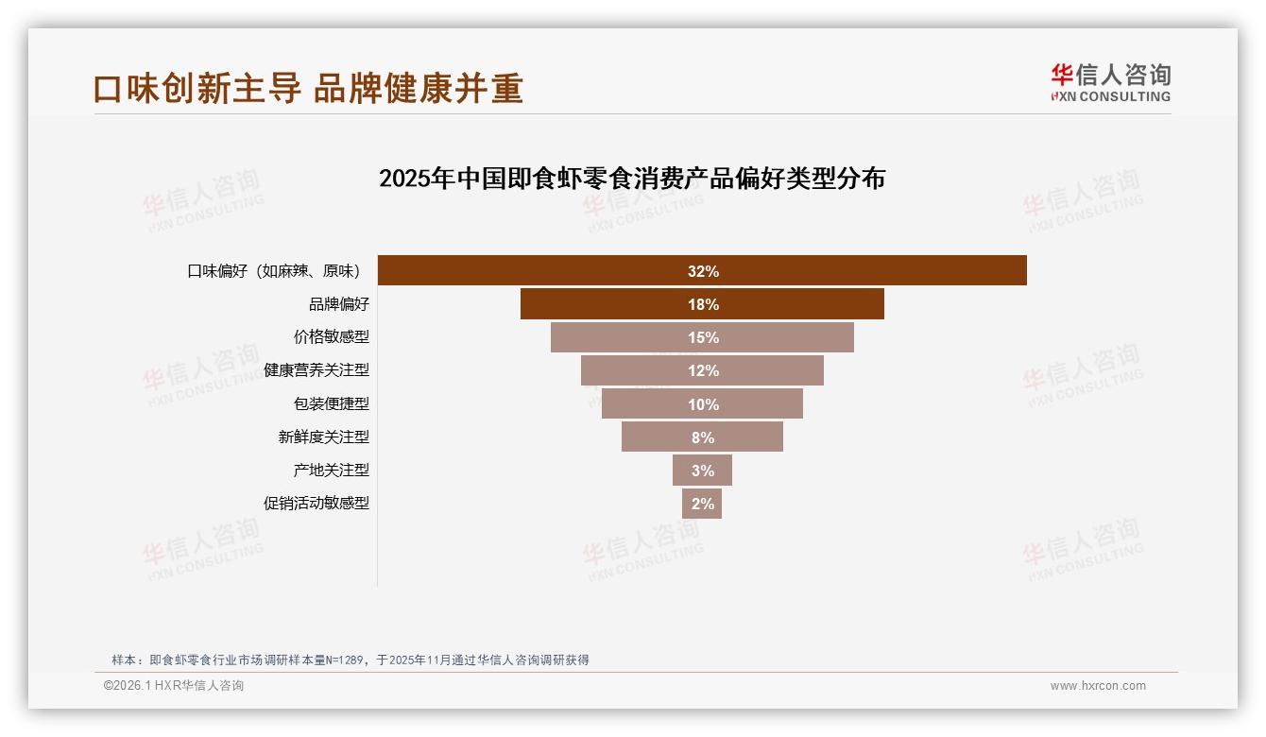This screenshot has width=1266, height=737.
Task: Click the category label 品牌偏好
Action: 339,304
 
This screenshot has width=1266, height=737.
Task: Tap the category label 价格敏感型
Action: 332,337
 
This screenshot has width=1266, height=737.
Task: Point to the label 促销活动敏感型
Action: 316,503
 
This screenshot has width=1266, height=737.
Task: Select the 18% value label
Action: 703,304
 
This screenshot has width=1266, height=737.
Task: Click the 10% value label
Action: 703,404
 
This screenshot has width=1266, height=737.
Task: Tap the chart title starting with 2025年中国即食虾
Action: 631,178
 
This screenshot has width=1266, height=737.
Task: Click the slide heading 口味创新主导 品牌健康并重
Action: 308,88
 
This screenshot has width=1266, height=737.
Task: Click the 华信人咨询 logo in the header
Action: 1110,82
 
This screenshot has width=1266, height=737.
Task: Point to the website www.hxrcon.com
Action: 1098,685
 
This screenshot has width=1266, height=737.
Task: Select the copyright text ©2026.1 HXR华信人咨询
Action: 174,685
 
